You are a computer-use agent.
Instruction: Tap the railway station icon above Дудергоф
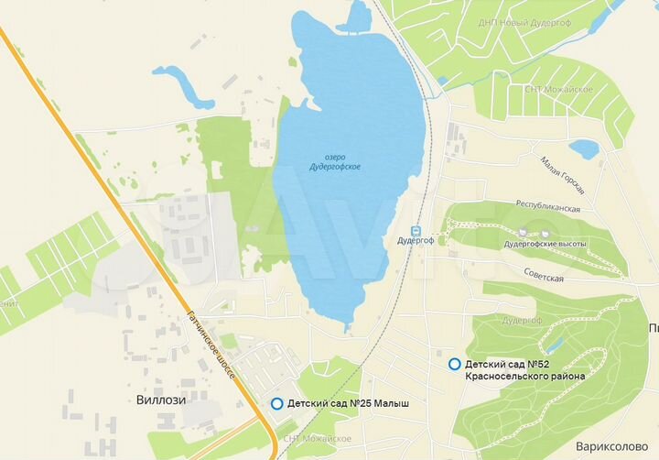415,230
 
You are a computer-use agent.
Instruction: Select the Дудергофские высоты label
545,245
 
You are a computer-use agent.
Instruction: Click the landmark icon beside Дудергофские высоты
523,232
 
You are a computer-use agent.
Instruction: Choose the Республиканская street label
549,209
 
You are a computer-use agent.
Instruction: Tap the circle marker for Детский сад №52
455,364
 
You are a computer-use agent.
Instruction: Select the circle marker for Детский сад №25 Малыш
276,403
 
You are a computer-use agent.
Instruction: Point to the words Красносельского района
524,375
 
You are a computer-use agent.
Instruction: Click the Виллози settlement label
161,400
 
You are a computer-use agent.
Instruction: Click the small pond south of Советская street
553,345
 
